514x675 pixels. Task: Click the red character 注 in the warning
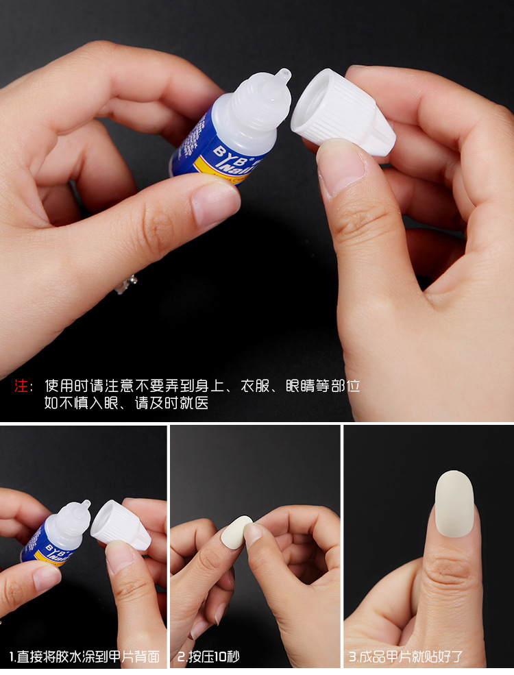(21, 386)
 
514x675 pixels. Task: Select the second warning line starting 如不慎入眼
(127, 403)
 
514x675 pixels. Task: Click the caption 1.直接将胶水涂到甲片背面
(84, 656)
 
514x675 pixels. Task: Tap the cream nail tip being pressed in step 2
(236, 532)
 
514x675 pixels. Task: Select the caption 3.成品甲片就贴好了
(406, 656)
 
